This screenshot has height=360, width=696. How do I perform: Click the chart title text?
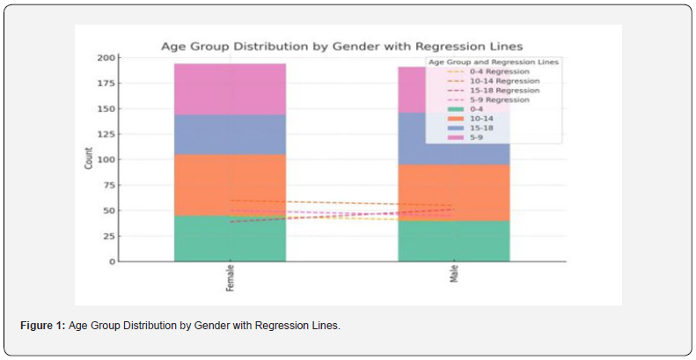pos(348,47)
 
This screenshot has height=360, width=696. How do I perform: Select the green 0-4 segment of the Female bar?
pos(230,239)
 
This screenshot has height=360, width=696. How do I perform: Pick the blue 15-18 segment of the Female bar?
pos(230,135)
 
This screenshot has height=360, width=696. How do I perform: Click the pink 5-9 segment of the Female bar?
pos(230,89)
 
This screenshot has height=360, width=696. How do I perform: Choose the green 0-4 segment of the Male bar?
pos(453,240)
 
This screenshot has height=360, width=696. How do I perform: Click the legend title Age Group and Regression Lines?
pos(492,62)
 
